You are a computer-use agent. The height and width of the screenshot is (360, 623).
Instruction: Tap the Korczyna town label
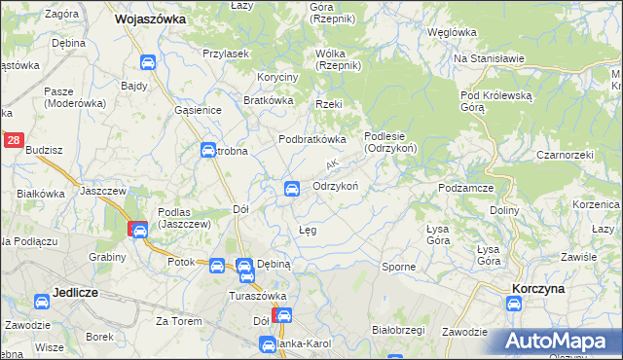click(542, 288)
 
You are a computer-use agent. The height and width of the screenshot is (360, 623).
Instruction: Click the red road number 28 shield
click(13, 141)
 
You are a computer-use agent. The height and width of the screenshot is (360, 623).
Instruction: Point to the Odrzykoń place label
click(337, 186)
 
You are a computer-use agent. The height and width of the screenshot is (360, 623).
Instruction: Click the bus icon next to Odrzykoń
click(290, 188)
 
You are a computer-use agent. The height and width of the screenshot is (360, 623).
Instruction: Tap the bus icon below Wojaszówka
click(148, 63)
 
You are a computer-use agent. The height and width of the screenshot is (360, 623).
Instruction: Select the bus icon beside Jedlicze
click(43, 303)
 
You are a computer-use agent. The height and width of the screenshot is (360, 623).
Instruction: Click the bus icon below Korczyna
click(513, 305)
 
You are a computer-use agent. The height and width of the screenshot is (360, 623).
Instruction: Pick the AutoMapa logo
click(558, 341)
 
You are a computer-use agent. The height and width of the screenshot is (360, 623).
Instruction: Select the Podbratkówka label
click(312, 139)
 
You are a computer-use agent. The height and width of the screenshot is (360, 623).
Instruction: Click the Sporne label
click(398, 266)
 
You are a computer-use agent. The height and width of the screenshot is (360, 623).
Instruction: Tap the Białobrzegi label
click(402, 330)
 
